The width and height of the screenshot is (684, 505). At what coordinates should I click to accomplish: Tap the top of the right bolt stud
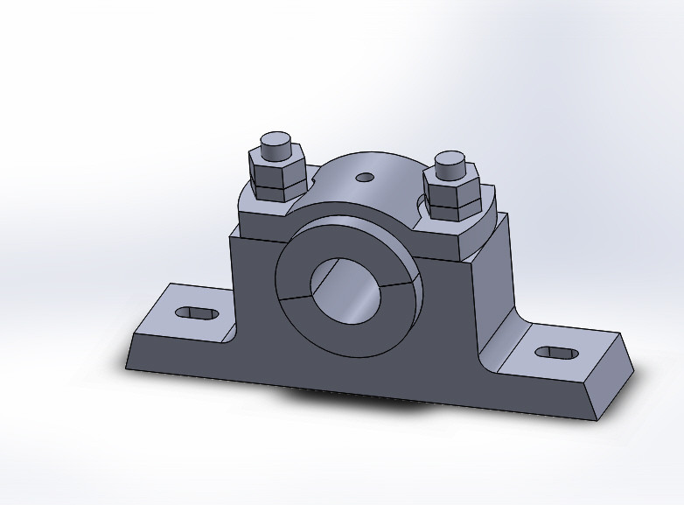click(x=451, y=160)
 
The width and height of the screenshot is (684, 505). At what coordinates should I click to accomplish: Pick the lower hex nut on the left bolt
click(x=276, y=190)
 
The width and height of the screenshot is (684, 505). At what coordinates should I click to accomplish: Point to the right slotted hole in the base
click(x=555, y=352)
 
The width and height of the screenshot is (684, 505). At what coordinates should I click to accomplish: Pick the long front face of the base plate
click(x=350, y=385)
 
